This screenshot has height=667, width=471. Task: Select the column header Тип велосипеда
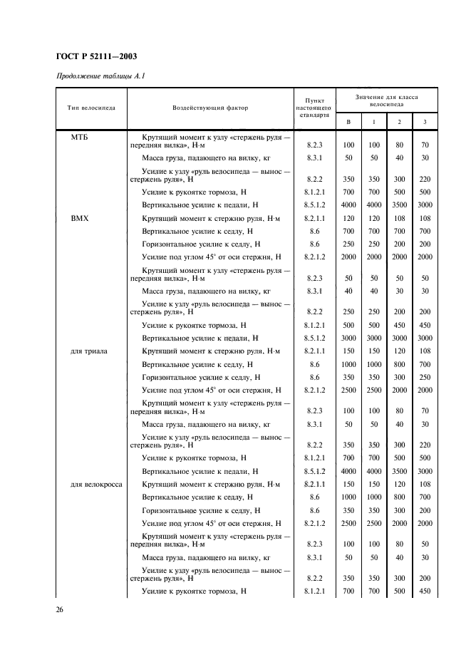pos(90,108)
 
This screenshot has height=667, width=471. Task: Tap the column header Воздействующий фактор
pos(210,108)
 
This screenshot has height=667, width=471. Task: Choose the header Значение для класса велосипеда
pos(387,99)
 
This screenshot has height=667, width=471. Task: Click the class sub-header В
pos(348,122)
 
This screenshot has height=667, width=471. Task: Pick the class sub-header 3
pos(425,122)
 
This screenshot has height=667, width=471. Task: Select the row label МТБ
pos(79,136)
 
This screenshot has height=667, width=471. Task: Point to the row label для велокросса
pos(95,485)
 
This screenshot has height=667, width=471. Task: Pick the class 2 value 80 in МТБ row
pos(399,145)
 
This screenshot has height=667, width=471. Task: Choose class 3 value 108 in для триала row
pos(425,351)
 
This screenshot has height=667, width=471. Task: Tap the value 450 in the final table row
pos(425,591)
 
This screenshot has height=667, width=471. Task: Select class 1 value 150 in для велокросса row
pos(373,485)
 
